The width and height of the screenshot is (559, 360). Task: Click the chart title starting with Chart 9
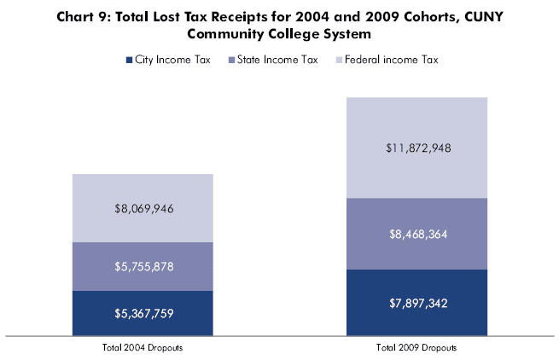pos(279,25)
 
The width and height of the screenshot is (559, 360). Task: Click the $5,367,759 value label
pos(143,313)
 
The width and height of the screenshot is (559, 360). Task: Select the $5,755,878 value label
pos(143,266)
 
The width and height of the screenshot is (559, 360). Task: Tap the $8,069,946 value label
pos(143,207)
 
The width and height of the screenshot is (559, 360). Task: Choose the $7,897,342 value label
pos(416,303)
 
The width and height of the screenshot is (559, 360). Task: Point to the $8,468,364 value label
pos(416,234)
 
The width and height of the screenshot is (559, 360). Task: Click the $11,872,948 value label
pos(416,148)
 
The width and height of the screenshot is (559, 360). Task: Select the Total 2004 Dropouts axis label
pos(143,348)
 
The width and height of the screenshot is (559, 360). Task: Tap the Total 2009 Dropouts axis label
pos(416,348)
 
